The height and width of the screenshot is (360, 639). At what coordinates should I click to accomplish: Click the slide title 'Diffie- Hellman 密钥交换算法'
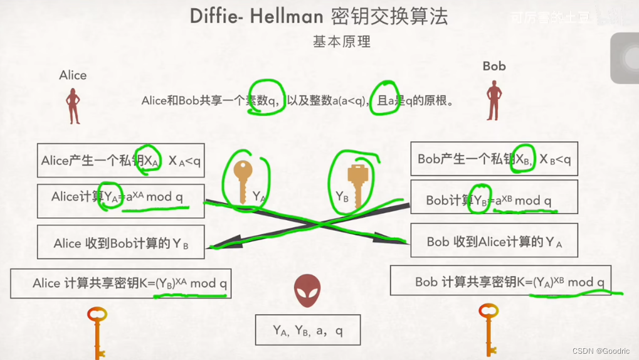(319, 16)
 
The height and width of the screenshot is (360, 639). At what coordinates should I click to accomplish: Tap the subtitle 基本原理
(342, 42)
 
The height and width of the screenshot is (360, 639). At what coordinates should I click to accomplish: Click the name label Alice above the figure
(73, 75)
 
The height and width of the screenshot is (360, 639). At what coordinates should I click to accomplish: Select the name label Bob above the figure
(494, 66)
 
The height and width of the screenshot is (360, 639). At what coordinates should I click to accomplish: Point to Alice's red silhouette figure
(73, 106)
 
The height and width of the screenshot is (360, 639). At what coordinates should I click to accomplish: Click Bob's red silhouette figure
(494, 100)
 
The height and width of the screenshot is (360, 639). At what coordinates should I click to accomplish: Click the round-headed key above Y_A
(243, 179)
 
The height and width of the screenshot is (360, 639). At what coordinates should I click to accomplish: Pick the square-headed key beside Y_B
(357, 183)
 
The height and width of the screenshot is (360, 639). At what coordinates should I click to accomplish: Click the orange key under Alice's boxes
(97, 332)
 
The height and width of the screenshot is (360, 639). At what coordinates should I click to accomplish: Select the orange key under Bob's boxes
(488, 329)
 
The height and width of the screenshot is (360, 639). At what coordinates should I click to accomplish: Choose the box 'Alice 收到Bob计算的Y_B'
(120, 243)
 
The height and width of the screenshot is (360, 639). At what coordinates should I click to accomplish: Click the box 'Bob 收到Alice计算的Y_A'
(494, 241)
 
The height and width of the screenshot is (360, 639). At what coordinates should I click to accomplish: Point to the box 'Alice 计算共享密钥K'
(120, 283)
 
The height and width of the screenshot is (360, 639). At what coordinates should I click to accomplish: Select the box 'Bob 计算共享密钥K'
(500, 282)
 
